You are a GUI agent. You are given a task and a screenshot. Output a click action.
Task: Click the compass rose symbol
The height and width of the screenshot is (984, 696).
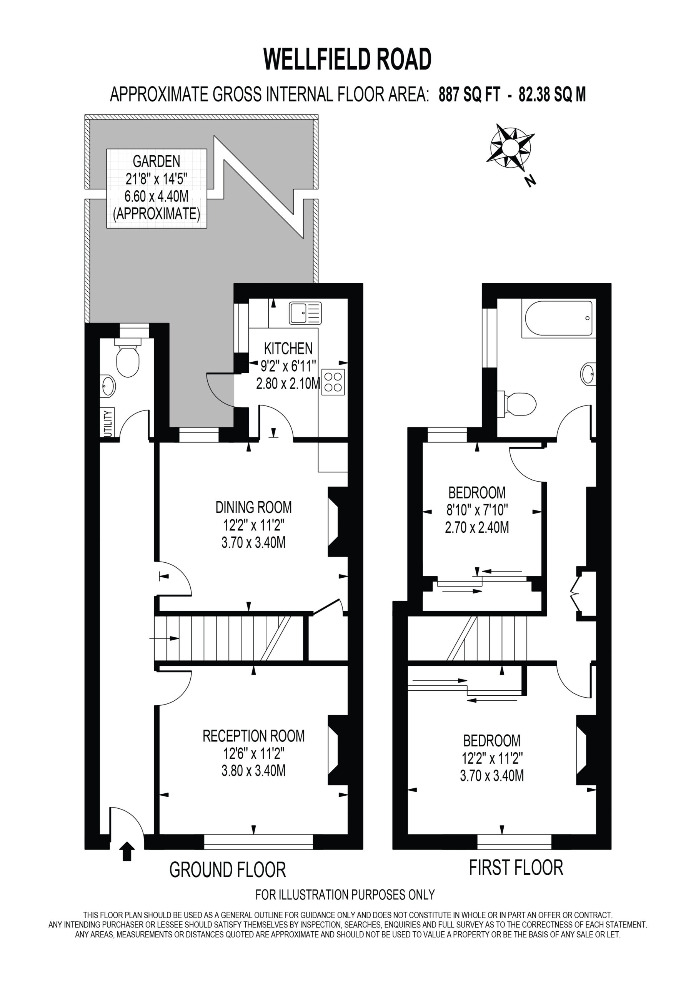(x=510, y=146)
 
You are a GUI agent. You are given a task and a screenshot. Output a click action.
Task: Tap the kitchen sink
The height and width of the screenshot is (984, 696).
(x=305, y=313)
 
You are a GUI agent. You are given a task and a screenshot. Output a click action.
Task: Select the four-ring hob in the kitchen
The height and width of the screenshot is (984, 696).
(x=333, y=382)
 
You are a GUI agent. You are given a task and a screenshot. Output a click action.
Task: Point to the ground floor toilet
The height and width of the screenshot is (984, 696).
(x=127, y=357)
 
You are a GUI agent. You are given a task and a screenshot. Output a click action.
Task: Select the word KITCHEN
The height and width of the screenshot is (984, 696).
(x=288, y=348)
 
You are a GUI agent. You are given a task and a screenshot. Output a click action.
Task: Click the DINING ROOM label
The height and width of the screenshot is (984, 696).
(x=253, y=507)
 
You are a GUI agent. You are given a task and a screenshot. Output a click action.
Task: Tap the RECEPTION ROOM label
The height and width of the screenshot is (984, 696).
(x=253, y=736)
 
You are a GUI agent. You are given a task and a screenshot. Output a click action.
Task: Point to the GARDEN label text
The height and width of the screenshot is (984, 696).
(x=157, y=161)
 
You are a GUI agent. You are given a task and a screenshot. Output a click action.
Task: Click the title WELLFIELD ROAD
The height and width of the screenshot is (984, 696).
(x=347, y=59)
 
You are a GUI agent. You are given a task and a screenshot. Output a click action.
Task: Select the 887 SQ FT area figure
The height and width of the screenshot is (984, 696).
(x=469, y=94)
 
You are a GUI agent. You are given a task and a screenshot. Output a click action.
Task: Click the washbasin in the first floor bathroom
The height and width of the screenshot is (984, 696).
(x=588, y=374)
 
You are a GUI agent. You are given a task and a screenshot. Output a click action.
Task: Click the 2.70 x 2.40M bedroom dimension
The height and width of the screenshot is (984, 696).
(x=477, y=527)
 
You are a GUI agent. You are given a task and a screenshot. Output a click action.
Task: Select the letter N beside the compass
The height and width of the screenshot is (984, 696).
(x=531, y=181)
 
